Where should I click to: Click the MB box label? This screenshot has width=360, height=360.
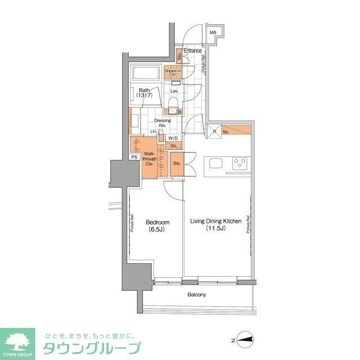(213, 33)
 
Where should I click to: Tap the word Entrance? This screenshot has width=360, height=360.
(193, 51)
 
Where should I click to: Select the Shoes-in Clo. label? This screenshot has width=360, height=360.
(173, 72)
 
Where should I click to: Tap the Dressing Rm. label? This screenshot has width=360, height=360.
(164, 122)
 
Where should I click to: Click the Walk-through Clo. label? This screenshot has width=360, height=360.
(149, 159)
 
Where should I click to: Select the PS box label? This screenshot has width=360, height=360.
(134, 157)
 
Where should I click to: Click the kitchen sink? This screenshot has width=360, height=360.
(217, 164)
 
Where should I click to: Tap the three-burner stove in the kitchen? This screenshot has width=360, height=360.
(239, 164)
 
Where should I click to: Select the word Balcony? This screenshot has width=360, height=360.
(196, 295)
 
